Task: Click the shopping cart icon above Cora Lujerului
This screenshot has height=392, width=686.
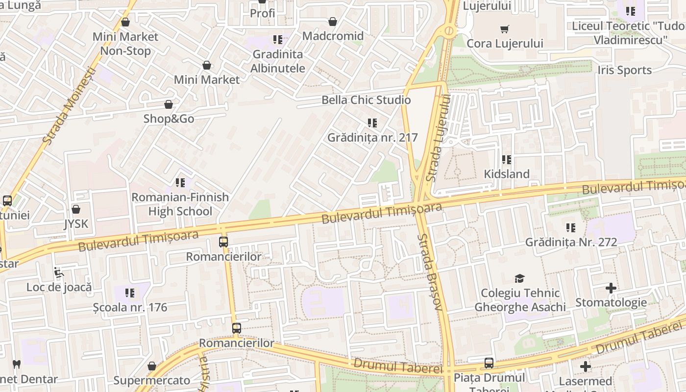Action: [x=505, y=29]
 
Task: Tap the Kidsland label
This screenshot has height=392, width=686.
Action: [x=507, y=174]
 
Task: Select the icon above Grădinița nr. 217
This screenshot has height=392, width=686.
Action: [x=372, y=123]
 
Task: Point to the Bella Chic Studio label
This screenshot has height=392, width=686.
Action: [x=366, y=100]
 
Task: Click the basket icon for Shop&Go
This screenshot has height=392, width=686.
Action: [x=169, y=104]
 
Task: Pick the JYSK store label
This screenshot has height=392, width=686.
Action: [x=76, y=224]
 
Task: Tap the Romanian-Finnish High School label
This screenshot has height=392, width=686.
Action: [x=180, y=204]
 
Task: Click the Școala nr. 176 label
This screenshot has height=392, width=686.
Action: [x=130, y=308]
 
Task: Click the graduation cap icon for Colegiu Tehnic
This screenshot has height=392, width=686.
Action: [x=519, y=279]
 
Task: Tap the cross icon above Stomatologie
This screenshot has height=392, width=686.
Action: [x=611, y=288]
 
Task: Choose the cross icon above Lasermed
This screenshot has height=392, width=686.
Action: [x=585, y=367]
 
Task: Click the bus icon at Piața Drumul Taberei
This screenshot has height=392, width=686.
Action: [x=489, y=363]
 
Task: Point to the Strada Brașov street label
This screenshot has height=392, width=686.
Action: [x=430, y=272]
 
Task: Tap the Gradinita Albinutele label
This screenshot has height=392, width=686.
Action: [x=278, y=61]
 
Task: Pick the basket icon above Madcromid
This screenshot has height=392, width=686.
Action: [x=333, y=22]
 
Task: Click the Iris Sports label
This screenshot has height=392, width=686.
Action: [x=624, y=70]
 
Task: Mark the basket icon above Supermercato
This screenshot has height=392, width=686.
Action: [x=152, y=366]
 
